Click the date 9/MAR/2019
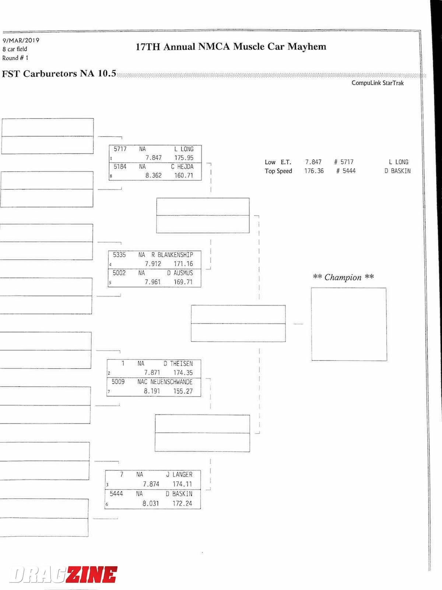coord(21,40)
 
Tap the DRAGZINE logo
coord(63,575)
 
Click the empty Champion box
coord(349,324)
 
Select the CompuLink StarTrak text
coord(378,83)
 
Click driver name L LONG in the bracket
coord(184,149)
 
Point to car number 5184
coord(120,167)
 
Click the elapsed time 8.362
coord(153,176)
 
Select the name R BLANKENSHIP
coord(172,255)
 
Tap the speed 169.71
coord(183,282)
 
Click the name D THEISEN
coord(178,364)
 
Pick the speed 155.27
coord(183,391)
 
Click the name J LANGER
coord(179,475)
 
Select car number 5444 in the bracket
coord(116,494)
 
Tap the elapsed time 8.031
coord(151,503)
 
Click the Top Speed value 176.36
coord(314,171)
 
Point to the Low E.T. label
coord(278,162)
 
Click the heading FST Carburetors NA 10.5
coord(59,74)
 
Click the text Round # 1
coord(15,58)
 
